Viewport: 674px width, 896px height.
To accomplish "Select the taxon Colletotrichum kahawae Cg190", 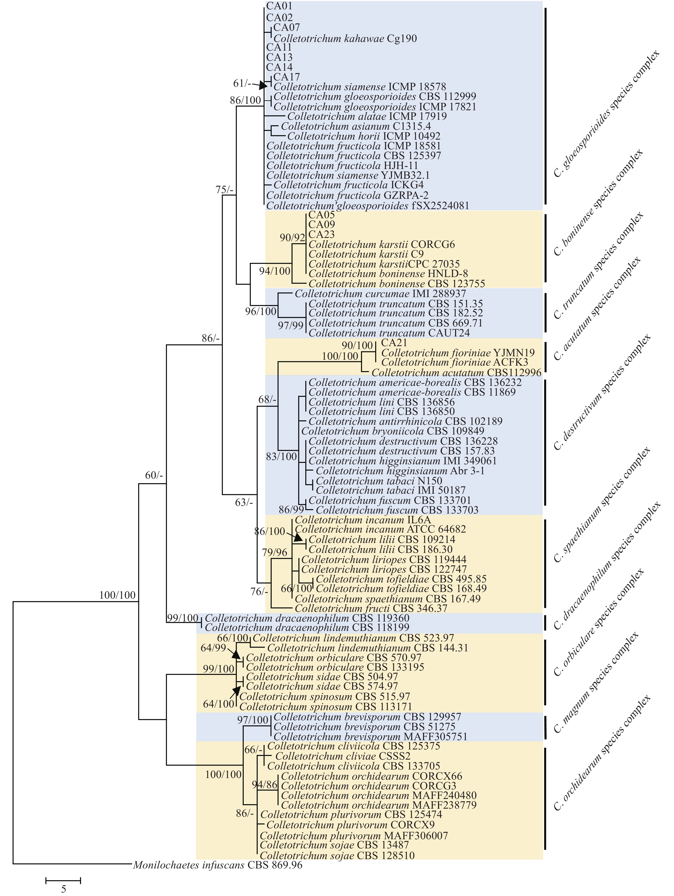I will click(345, 39).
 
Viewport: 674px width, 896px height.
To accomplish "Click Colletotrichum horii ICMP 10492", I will click(363, 136).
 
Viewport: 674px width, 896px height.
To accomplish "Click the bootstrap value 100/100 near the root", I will click(117, 595).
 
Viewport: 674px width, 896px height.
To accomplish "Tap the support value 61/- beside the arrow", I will click(242, 83).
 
